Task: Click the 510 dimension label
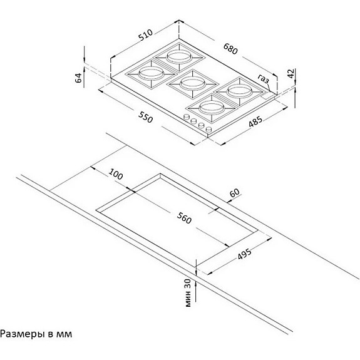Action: [146, 35]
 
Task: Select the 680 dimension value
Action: [230, 49]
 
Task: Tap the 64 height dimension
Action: [78, 78]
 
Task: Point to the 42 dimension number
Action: [291, 74]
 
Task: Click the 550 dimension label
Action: [145, 117]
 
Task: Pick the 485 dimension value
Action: [255, 121]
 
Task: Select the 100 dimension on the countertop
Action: [116, 174]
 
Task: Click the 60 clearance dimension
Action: [235, 193]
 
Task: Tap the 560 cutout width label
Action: [184, 218]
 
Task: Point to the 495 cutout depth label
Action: [245, 254]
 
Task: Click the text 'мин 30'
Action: [188, 293]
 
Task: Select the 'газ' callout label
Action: [263, 78]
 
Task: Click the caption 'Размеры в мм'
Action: [36, 334]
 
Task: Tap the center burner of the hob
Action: [192, 83]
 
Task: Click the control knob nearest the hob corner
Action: [209, 130]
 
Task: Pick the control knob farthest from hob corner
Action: [187, 117]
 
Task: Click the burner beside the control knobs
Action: [212, 108]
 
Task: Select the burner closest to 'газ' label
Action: [239, 91]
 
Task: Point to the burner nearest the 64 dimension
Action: [151, 74]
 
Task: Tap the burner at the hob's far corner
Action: [179, 56]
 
